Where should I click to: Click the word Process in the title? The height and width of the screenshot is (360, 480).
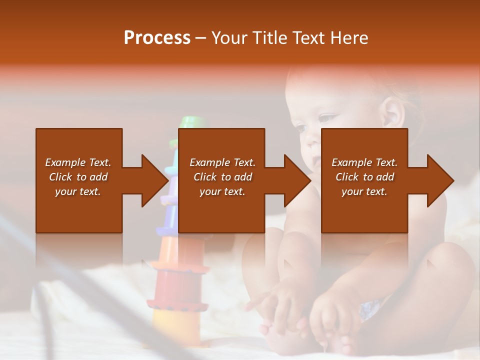pos(157,38)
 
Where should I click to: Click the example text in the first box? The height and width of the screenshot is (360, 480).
pos(78,177)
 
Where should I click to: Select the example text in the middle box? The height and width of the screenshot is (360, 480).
pos(222,177)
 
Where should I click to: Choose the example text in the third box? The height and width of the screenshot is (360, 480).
pos(364,177)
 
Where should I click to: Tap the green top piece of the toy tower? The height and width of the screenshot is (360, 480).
pos(189,122)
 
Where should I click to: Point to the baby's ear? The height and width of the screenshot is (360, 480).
pos(392,114)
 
